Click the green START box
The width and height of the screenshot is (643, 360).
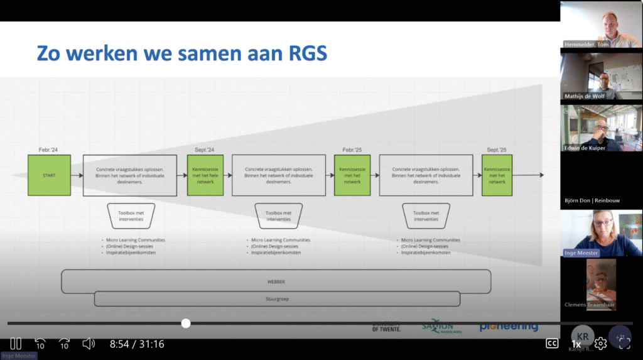coord(49,175)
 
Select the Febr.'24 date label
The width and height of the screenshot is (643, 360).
coord(49,150)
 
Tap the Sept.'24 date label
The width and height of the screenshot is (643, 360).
coord(205,150)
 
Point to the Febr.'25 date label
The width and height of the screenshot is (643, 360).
coord(352,150)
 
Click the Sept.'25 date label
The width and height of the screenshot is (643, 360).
coord(497,150)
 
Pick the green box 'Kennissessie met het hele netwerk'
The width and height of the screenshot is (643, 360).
coord(205,175)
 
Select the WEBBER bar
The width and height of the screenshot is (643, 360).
coord(276,281)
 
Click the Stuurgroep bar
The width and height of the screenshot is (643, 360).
coord(276,298)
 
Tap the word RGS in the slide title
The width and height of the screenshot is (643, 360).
coord(306,53)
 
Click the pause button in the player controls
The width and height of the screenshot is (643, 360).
coord(16,344)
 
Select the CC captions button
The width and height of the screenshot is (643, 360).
coord(552,343)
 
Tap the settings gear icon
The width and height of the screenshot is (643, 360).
coord(600,343)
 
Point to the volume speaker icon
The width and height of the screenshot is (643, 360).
coord(89,344)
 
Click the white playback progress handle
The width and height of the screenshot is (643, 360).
coord(186,323)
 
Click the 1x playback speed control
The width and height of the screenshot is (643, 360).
coord(576,344)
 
